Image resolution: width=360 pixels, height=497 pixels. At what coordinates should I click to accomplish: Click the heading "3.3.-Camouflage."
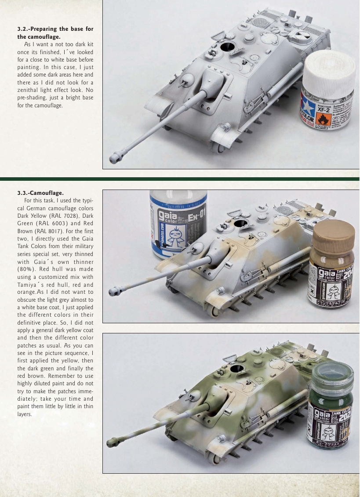[x=40, y=193]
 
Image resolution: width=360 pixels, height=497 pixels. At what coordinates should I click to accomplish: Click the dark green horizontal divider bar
[x=180, y=179]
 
